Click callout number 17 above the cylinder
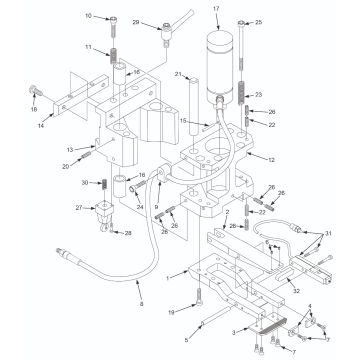point(215,9)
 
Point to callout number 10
point(116,16)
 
